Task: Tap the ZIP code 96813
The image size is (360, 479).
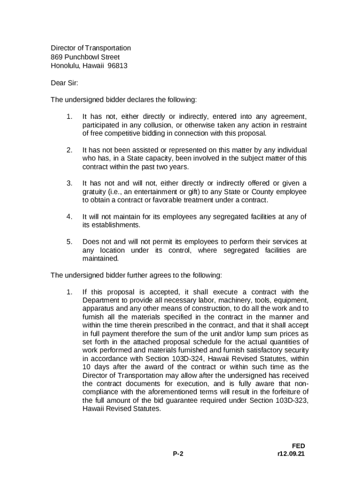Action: [117, 66]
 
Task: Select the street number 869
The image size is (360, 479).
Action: [57, 57]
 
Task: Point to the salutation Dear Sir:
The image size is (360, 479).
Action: [65, 83]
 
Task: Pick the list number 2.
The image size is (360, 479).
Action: [69, 150]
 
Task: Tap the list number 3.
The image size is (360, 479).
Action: [69, 183]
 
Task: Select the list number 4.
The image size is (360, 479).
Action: [69, 217]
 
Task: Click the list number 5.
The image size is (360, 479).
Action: [69, 242]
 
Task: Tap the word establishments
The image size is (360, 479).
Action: [110, 225]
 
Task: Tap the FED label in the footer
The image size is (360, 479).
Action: [298, 446]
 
